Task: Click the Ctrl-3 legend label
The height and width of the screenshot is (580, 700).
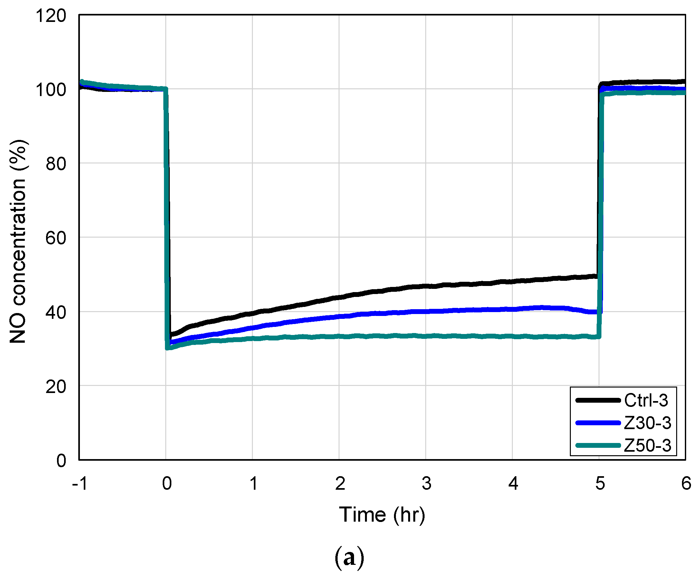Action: [646, 400]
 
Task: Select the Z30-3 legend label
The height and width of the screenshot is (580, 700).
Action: [647, 423]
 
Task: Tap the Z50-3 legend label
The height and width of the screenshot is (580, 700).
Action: [647, 445]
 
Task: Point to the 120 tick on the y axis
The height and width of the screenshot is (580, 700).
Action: [51, 16]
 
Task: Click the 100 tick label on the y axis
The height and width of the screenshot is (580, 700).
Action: [51, 90]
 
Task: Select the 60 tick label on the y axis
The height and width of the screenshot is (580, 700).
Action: [56, 238]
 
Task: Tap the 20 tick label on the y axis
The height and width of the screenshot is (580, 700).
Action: [56, 387]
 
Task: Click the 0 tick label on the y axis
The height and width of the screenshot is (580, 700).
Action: [61, 461]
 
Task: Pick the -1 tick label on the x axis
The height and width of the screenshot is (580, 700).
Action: [80, 483]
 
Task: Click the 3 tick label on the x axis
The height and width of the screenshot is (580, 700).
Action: [426, 483]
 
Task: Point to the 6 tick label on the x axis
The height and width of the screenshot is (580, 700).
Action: [686, 483]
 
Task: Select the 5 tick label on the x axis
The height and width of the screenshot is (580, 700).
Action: [600, 483]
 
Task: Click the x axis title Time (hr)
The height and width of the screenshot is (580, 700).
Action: [382, 515]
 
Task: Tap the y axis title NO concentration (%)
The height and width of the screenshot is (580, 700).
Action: [18, 241]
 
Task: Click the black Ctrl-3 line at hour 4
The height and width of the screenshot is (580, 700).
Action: [512, 282]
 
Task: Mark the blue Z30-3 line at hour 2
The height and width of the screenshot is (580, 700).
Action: [339, 316]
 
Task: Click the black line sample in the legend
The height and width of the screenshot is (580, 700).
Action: [598, 400]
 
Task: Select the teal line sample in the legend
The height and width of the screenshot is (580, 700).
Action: [598, 445]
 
